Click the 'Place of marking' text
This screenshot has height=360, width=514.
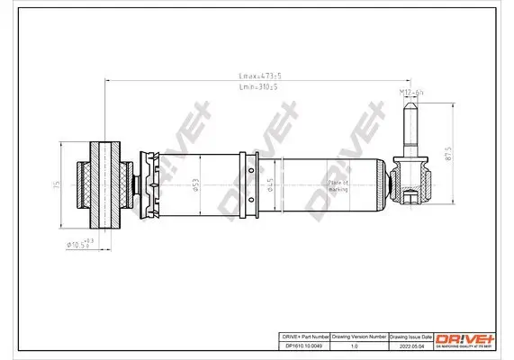[x=312, y=184]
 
